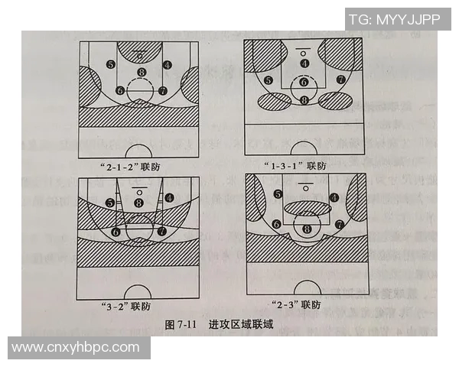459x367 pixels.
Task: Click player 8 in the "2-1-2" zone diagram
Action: tap(140, 73)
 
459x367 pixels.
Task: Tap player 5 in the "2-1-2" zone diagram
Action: tap(112, 65)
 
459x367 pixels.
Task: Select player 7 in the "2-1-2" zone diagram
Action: tap(162, 90)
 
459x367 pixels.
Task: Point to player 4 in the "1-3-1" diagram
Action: tap(304, 63)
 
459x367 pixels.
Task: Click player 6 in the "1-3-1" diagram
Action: tap(304, 82)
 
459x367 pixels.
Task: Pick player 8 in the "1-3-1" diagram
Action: tap(304, 99)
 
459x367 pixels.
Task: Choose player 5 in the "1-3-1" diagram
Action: tap(269, 80)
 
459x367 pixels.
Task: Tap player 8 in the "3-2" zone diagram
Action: tap(138, 202)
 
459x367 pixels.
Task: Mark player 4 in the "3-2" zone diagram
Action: tap(168, 197)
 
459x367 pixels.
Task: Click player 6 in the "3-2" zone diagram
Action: tap(116, 231)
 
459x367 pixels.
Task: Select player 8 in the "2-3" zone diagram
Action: tap(307, 228)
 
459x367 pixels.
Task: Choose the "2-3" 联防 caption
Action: tap(300, 306)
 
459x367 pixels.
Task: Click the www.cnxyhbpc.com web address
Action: tap(76, 348)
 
